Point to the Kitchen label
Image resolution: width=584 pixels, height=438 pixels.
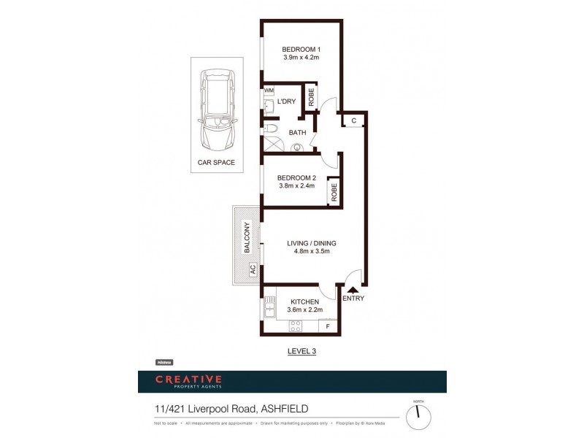(x=305, y=301)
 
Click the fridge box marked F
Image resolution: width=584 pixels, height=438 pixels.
(x=328, y=326)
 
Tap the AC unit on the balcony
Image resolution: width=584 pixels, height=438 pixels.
(x=253, y=269)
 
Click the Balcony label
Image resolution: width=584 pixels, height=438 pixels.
(x=247, y=237)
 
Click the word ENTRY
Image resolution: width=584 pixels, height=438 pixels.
(x=353, y=298)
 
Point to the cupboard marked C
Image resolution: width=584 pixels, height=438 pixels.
(x=353, y=120)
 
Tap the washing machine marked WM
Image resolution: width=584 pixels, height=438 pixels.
(x=268, y=90)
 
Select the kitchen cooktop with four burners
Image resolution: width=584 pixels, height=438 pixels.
(x=296, y=326)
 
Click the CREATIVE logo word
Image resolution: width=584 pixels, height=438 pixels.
(x=188, y=379)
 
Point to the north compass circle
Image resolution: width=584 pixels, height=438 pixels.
(x=418, y=417)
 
